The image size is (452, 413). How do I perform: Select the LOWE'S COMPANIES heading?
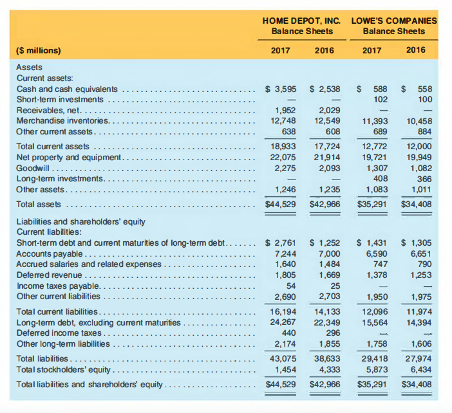click(394, 20)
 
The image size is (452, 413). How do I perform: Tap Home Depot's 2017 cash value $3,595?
click(281, 89)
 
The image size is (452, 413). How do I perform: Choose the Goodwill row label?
click(32, 167)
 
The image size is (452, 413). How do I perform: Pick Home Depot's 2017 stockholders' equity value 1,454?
click(285, 369)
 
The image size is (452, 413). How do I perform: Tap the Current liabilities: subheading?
click(49, 232)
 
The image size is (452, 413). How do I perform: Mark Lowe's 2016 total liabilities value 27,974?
click(420, 359)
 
